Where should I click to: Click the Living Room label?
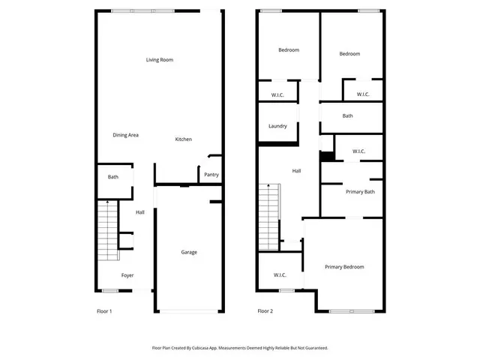click(160, 60)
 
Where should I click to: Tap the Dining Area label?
click(125, 135)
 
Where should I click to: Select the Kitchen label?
click(183, 139)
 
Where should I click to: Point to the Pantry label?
click(211, 175)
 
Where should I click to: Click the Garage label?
click(189, 252)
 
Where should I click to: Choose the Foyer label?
click(127, 275)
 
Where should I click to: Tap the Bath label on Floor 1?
click(113, 177)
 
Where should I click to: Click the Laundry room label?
click(277, 126)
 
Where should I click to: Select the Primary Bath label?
click(360, 192)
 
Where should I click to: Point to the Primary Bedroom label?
click(344, 267)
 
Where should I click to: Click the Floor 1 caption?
click(104, 310)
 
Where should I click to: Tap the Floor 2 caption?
click(265, 310)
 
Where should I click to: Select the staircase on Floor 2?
click(269, 217)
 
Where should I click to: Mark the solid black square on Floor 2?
click(327, 156)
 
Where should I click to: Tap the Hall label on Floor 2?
click(296, 171)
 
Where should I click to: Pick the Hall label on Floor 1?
click(140, 213)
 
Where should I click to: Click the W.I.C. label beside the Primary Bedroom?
click(280, 274)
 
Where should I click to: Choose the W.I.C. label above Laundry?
click(277, 94)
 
